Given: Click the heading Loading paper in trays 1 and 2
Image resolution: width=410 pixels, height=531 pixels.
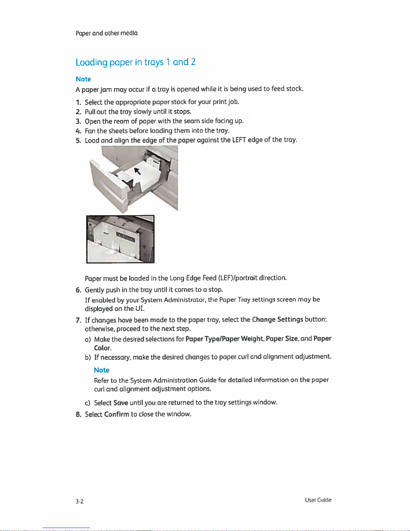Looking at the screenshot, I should (136, 62).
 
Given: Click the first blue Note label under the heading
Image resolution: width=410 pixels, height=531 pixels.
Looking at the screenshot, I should (83, 79).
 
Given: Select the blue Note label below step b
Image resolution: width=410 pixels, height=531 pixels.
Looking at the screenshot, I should (102, 370).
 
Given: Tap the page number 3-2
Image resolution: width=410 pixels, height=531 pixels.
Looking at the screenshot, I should (79, 501).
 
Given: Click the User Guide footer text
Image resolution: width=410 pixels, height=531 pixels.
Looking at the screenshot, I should (318, 500).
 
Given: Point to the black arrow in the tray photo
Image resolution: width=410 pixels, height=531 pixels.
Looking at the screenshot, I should (137, 171).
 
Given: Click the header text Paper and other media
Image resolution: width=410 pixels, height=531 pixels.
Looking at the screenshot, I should (106, 33).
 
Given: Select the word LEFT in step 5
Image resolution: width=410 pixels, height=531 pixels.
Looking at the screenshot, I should (239, 140).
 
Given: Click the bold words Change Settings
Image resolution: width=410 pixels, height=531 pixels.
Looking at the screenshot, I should (277, 319).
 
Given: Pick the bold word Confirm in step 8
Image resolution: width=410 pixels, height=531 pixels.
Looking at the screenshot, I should (116, 414).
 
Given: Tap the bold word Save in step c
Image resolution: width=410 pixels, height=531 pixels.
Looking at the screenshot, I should (120, 402).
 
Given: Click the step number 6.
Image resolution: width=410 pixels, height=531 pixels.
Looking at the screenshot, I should (78, 290).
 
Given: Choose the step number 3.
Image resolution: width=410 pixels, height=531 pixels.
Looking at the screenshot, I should (78, 121).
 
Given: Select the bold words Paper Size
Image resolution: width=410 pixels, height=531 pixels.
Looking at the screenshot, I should (281, 338).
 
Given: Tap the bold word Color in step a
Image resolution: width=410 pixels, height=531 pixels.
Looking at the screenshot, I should (102, 348).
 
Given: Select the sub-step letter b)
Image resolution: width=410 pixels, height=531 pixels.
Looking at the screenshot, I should (88, 357).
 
